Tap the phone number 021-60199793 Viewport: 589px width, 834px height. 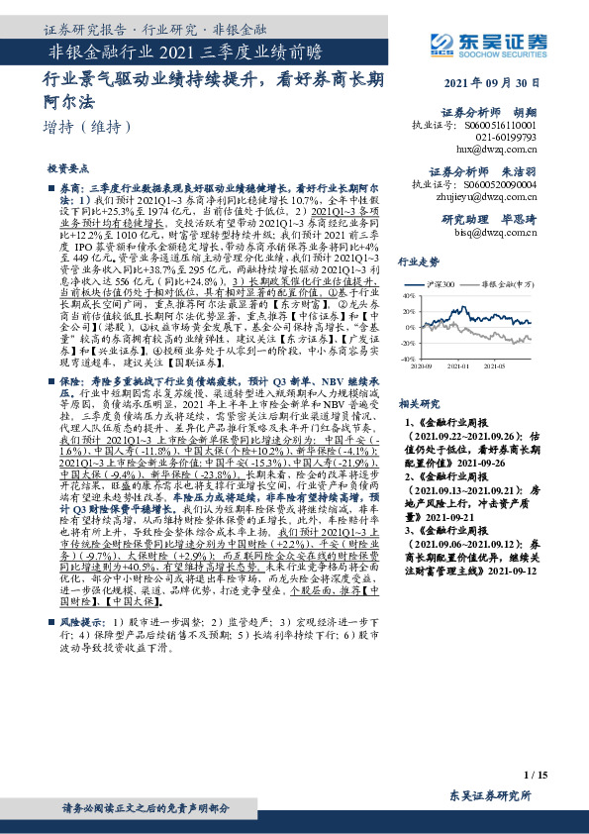click(x=520, y=138)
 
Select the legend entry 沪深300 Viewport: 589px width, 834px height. click(x=442, y=282)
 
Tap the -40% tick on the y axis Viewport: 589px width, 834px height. click(x=406, y=358)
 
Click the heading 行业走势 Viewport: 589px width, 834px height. click(x=418, y=261)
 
